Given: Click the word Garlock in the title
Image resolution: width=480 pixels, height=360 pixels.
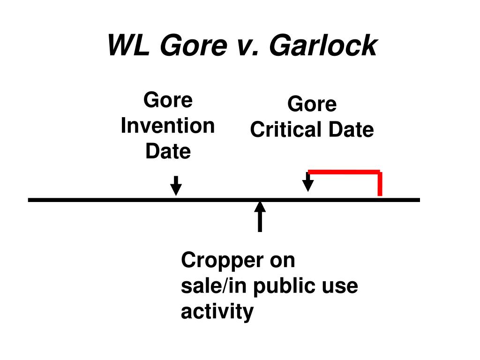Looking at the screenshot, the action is pyautogui.click(x=323, y=45).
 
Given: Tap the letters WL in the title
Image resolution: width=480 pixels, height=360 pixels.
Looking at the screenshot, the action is pyautogui.click(x=128, y=45).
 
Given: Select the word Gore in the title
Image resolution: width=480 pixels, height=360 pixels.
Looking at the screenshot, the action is pyautogui.click(x=194, y=45).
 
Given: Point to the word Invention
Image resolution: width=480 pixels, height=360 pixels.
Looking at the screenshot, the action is pyautogui.click(x=168, y=126).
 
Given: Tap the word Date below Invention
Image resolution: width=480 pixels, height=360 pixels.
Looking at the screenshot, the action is pyautogui.click(x=168, y=151).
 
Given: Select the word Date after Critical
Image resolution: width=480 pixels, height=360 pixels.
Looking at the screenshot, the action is pyautogui.click(x=351, y=129).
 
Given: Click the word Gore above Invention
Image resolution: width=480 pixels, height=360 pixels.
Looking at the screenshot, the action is pyautogui.click(x=168, y=100).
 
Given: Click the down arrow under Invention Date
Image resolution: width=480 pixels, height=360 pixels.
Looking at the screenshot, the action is pyautogui.click(x=176, y=186).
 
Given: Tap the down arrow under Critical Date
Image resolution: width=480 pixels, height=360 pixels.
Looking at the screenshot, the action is pyautogui.click(x=308, y=182).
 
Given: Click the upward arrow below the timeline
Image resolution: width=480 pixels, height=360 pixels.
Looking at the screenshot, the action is pyautogui.click(x=260, y=217).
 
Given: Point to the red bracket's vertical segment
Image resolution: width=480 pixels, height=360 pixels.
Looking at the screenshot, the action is pyautogui.click(x=380, y=183).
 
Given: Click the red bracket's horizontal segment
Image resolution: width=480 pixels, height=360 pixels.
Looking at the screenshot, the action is pyautogui.click(x=344, y=172).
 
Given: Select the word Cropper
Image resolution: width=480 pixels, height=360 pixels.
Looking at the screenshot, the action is pyautogui.click(x=222, y=261).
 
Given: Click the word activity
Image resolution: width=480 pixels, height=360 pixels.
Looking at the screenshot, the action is pyautogui.click(x=217, y=312).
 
